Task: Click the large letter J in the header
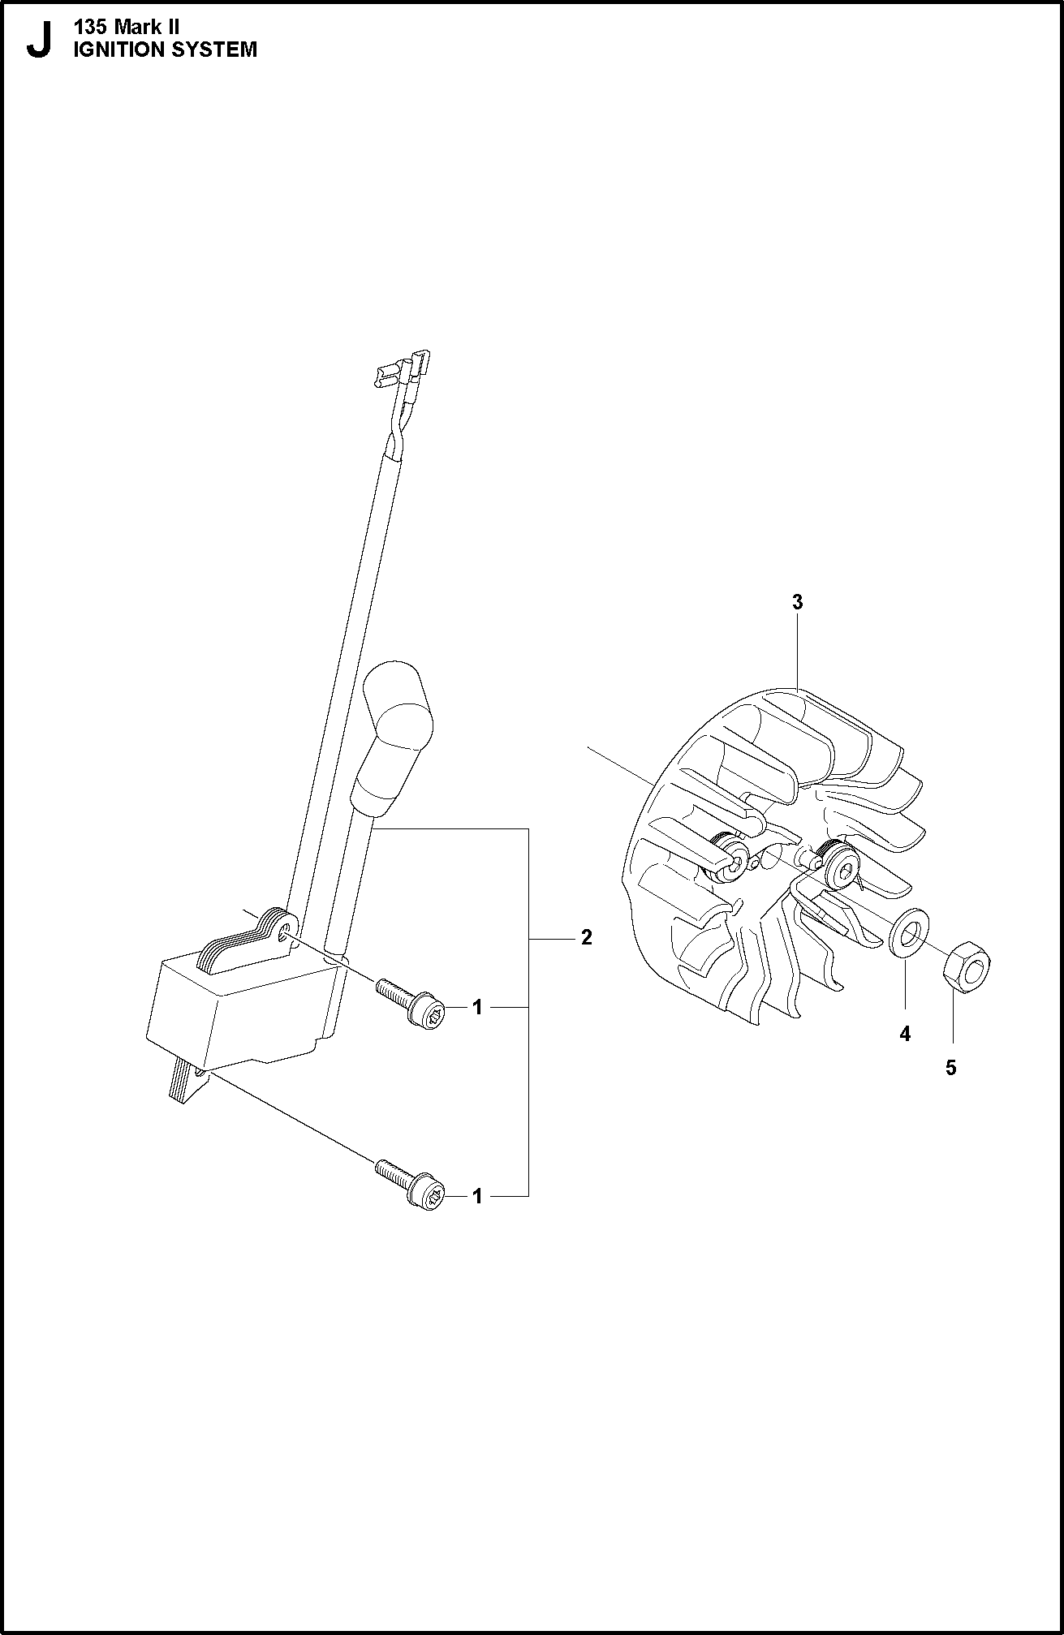[38, 41]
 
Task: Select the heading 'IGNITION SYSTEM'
[166, 49]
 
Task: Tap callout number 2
[587, 937]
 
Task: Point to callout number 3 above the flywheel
[798, 602]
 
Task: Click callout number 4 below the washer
[905, 1034]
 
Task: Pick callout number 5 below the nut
[951, 1068]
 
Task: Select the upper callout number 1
[478, 1007]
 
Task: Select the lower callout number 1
[478, 1196]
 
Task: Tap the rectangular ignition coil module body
[243, 1006]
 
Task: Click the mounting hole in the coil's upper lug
[283, 936]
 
